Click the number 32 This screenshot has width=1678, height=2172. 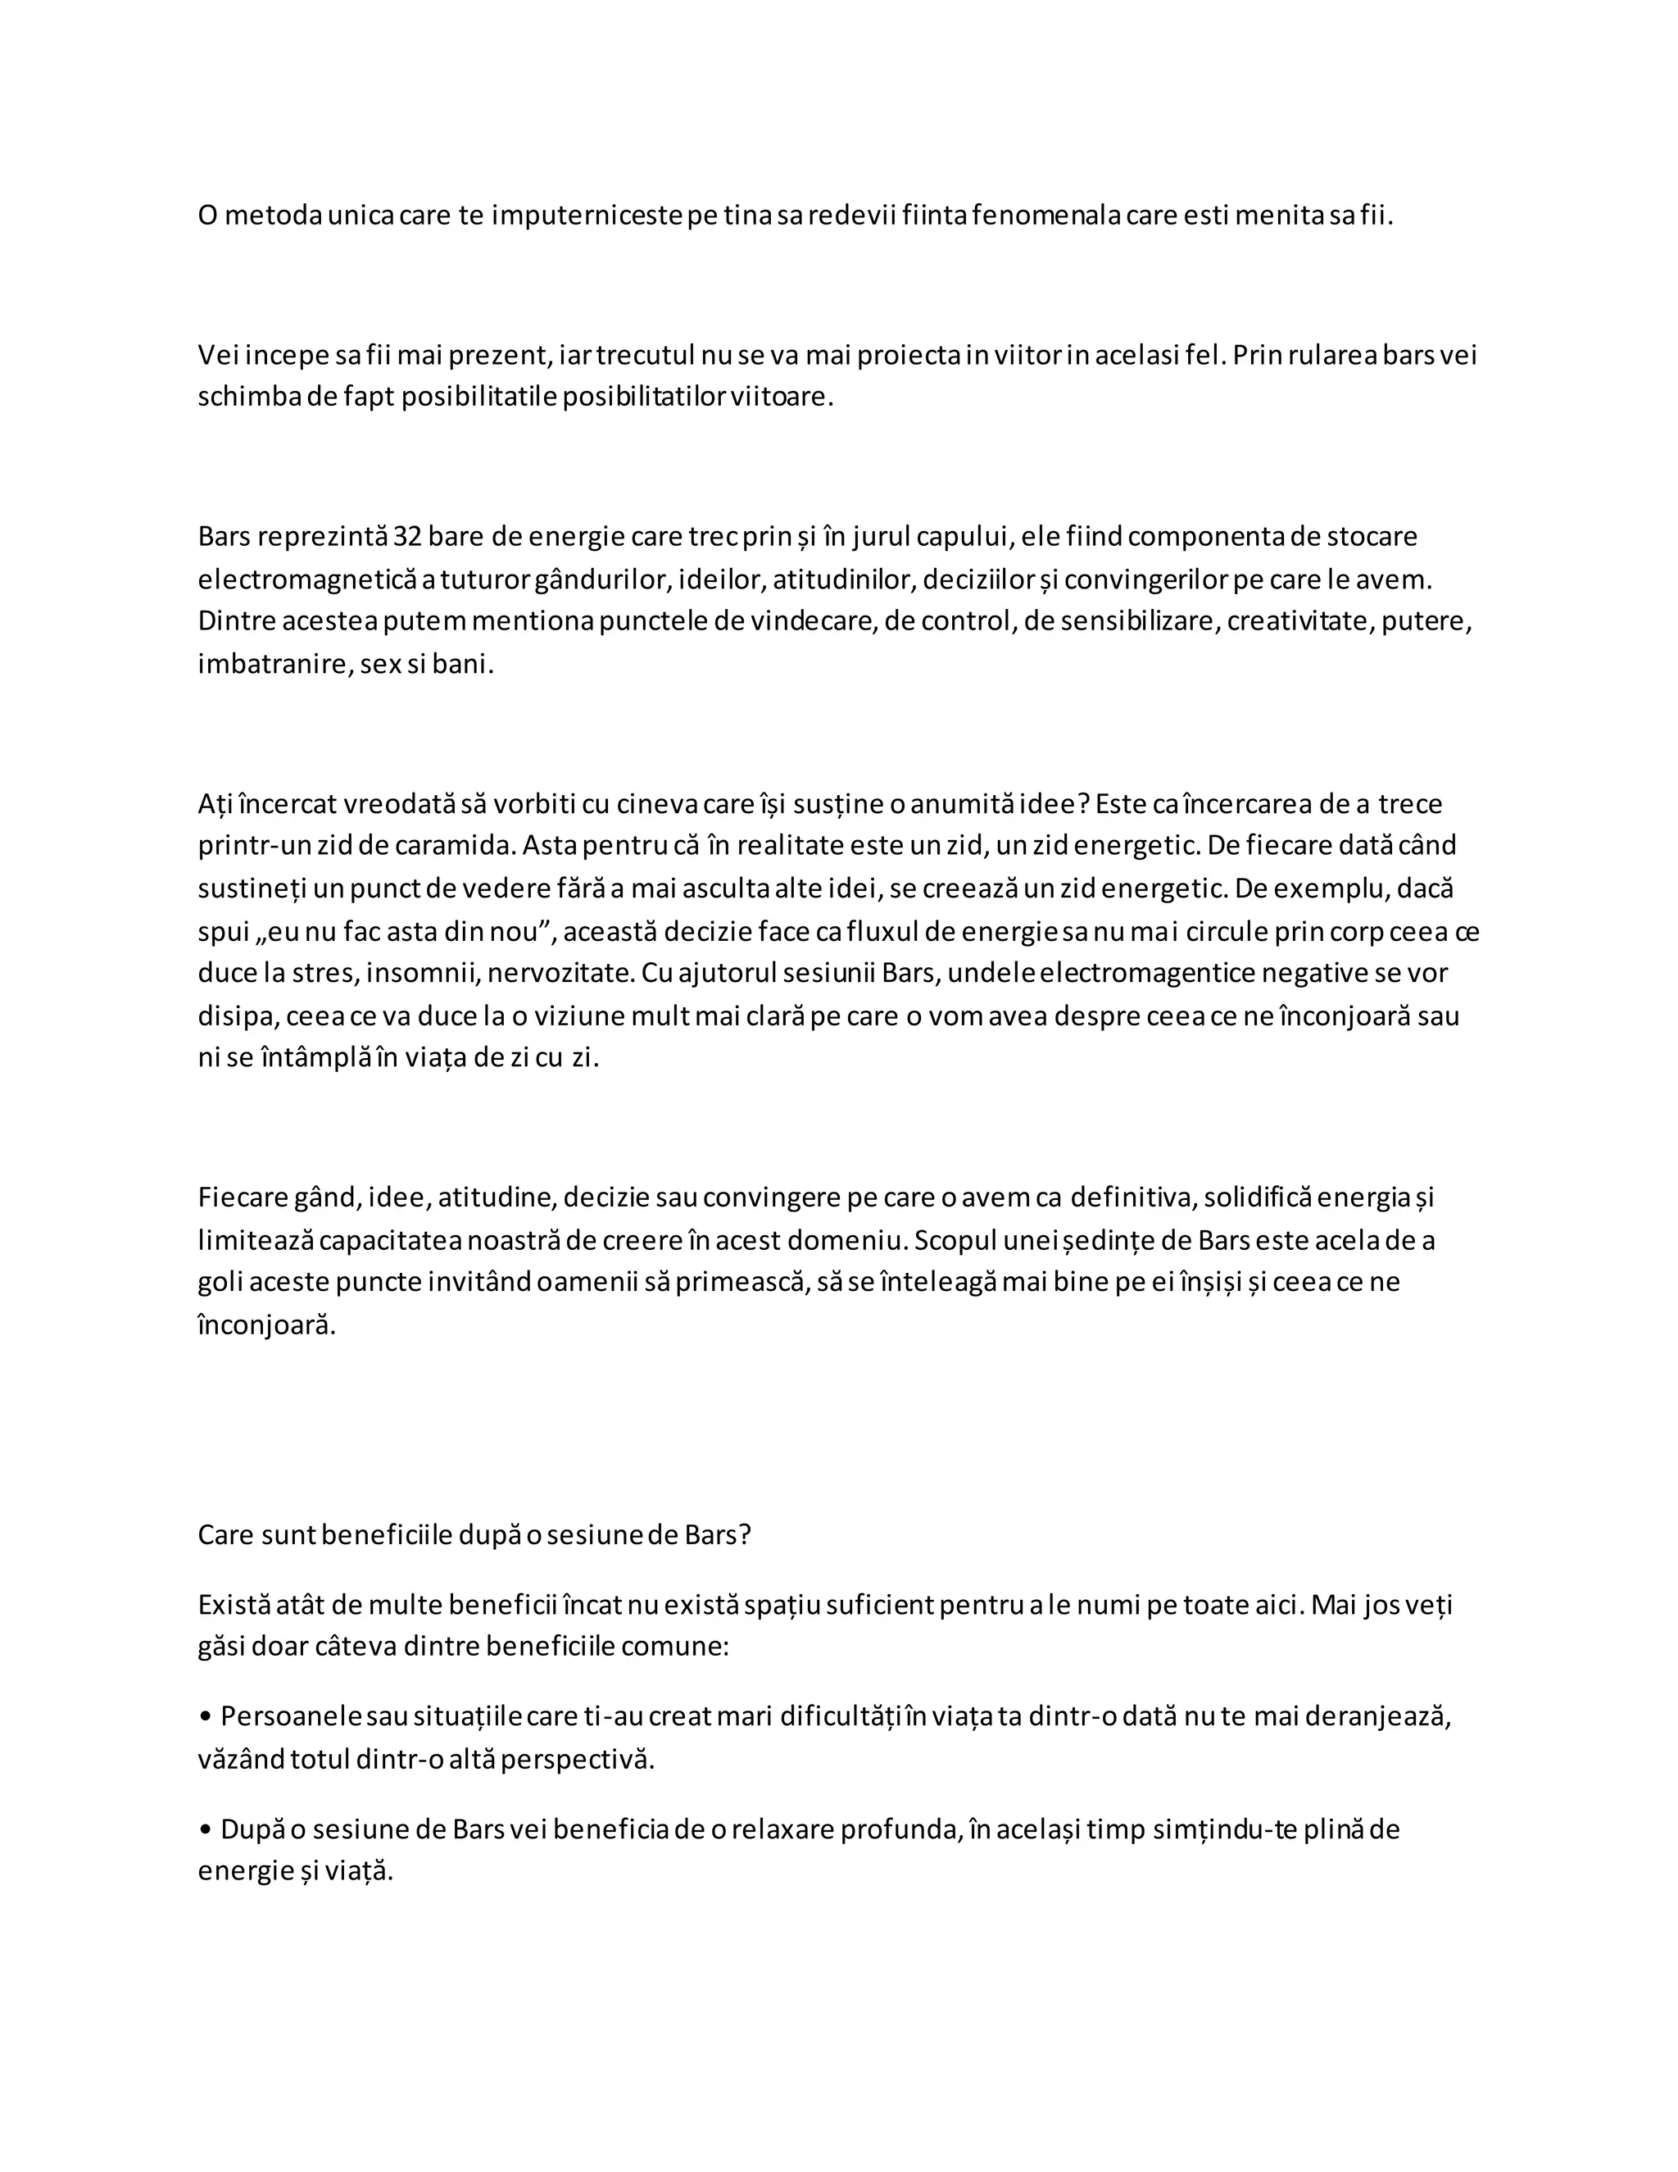click(407, 537)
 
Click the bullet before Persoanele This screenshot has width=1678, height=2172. click(206, 1717)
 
